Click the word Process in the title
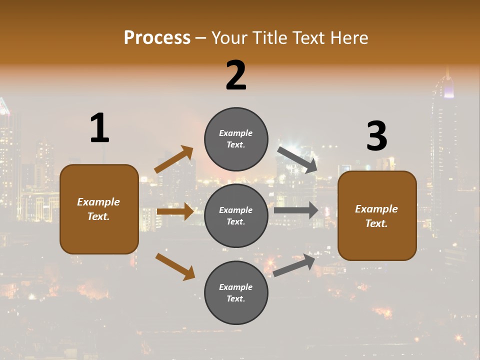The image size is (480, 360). point(157,37)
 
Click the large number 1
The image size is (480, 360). point(99,128)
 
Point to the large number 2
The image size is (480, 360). point(236,75)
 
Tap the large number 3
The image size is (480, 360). point(376,136)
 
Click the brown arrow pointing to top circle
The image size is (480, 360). point(174,159)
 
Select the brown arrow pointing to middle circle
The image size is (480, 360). point(175,211)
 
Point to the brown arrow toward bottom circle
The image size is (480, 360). point(175,266)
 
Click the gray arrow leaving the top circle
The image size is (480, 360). point(297,160)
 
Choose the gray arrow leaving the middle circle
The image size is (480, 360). point(296,210)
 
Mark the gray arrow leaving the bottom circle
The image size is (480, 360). point(294,265)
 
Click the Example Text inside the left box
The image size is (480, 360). point(98,209)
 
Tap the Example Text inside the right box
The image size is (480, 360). point(376,216)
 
